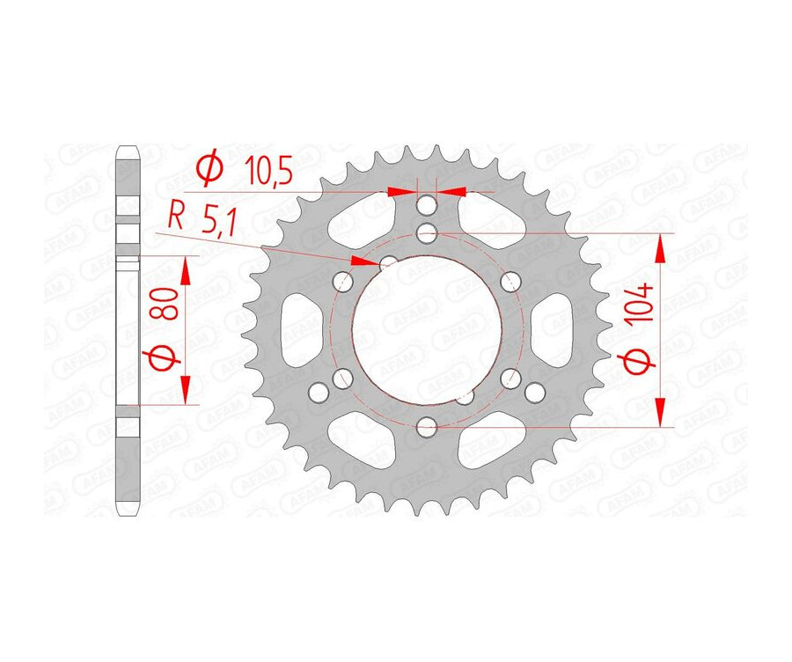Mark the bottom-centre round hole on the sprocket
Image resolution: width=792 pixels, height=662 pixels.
pos(427,429)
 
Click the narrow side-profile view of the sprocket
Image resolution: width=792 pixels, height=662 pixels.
pos(128,330)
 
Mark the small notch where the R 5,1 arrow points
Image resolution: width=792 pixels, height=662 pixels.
pos(386,262)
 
